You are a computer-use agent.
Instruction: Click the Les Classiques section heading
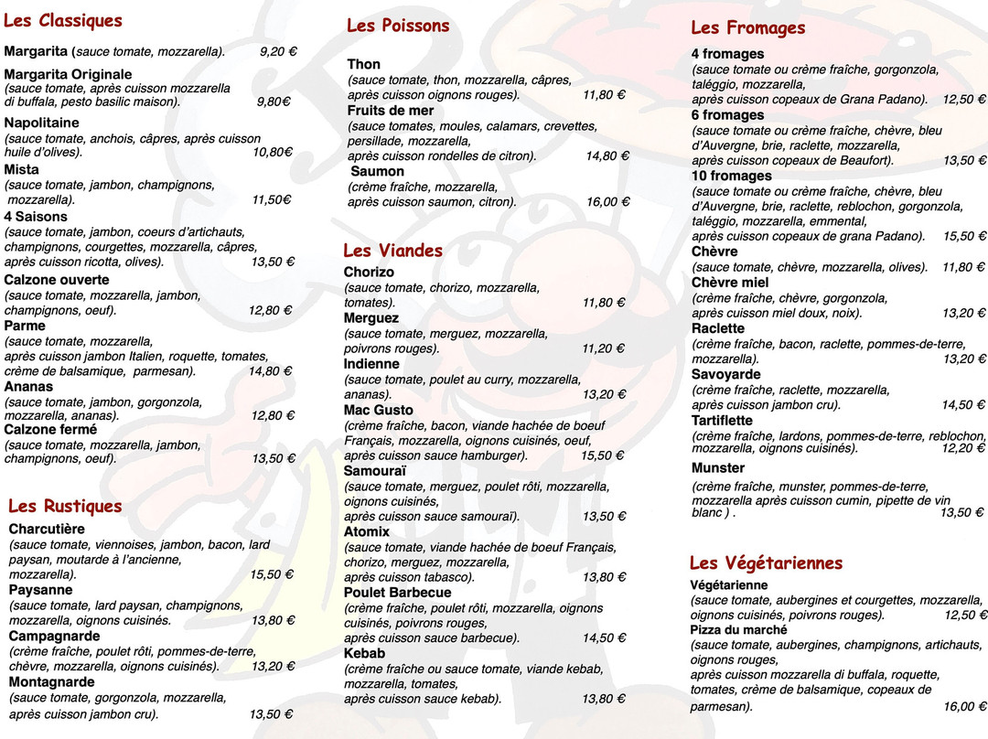click(x=63, y=21)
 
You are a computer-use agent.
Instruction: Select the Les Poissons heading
click(x=398, y=26)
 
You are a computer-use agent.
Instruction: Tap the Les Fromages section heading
click(x=747, y=28)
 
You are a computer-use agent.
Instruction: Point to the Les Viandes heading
click(x=392, y=251)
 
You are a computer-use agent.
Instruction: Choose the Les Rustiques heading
click(x=65, y=507)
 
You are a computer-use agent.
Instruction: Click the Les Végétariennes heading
click(x=766, y=563)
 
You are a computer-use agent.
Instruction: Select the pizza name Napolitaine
click(x=41, y=123)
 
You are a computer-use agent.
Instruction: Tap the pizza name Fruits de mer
click(x=391, y=111)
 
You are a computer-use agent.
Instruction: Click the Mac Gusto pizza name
click(x=379, y=410)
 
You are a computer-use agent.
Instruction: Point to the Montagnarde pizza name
click(x=52, y=682)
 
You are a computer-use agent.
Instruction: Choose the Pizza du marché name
click(x=738, y=630)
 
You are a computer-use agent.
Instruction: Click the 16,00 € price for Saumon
click(x=607, y=202)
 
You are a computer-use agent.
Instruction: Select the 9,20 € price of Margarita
click(x=277, y=52)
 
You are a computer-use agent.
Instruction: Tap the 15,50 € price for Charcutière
click(x=272, y=575)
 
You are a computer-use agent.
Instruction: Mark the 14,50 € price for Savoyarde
click(x=963, y=405)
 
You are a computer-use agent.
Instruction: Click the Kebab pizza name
click(x=364, y=653)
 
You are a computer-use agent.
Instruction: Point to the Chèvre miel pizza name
click(x=730, y=283)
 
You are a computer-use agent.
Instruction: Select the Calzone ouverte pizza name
click(x=57, y=280)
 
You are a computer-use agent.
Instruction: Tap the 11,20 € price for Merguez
click(x=603, y=348)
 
